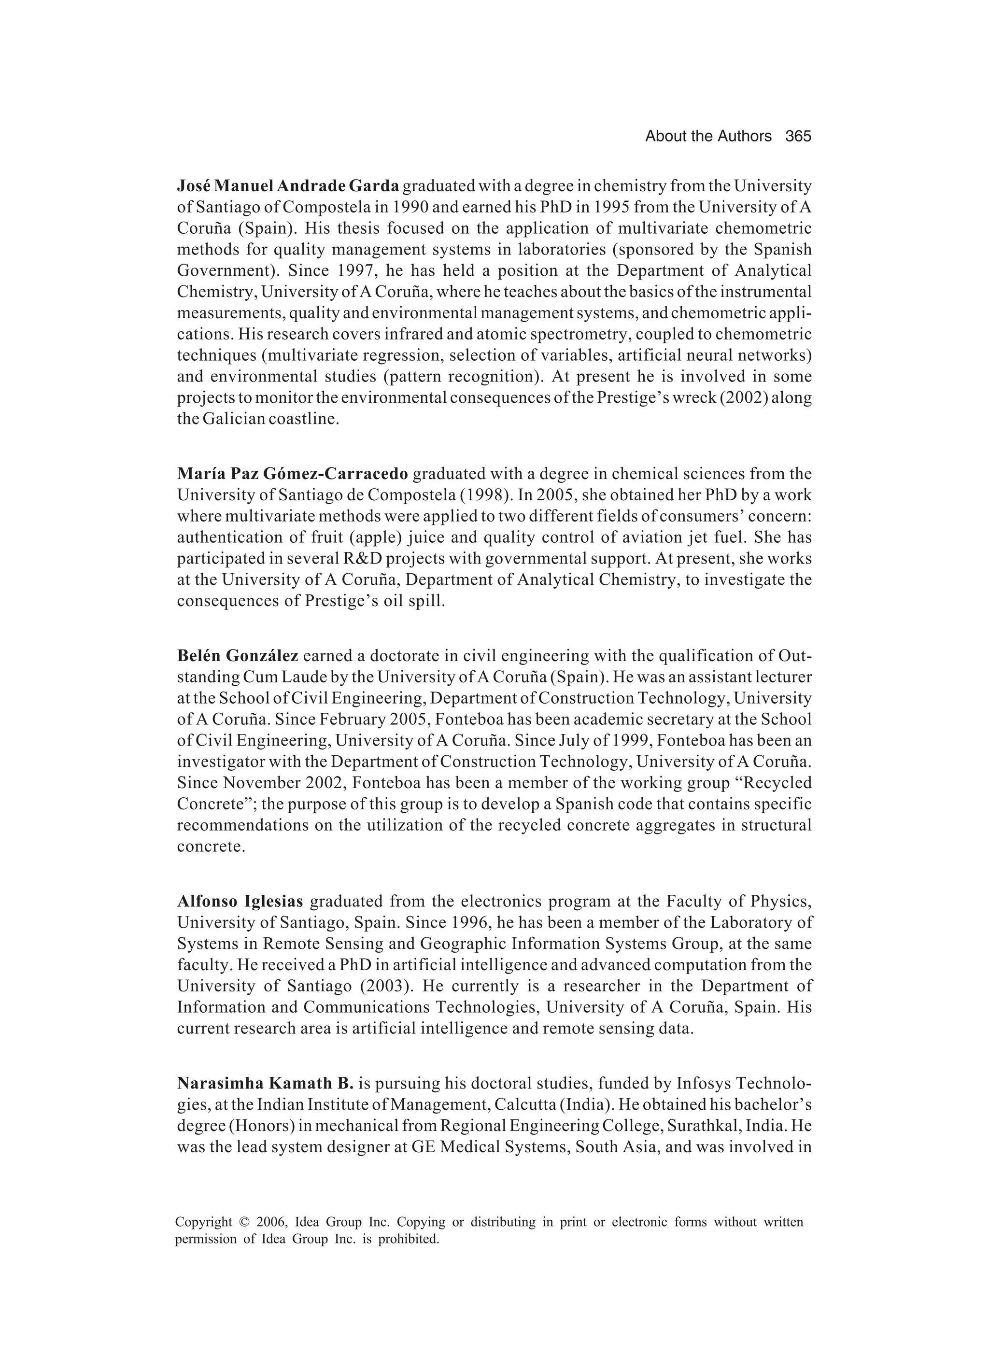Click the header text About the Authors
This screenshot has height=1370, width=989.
707,137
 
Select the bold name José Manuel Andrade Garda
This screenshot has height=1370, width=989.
288,185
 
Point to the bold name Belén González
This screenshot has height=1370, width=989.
238,655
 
